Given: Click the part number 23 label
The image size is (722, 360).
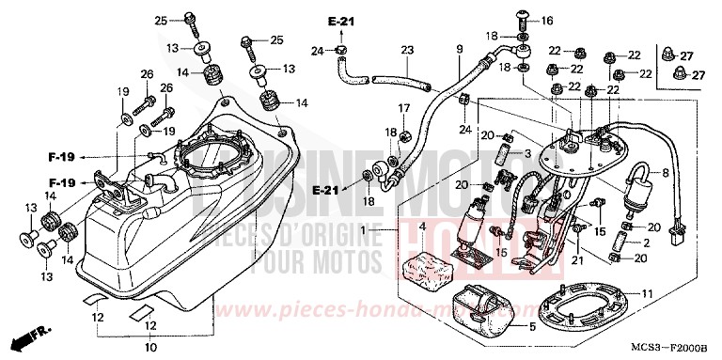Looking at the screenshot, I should click(407, 50).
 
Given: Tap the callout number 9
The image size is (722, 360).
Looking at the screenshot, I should click(460, 49).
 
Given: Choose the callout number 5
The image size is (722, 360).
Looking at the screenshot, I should click(532, 327).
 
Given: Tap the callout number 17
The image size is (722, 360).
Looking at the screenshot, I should click(403, 109).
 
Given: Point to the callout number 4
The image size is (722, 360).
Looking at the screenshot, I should click(422, 228).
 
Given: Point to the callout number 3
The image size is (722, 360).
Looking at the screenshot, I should click(528, 152).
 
